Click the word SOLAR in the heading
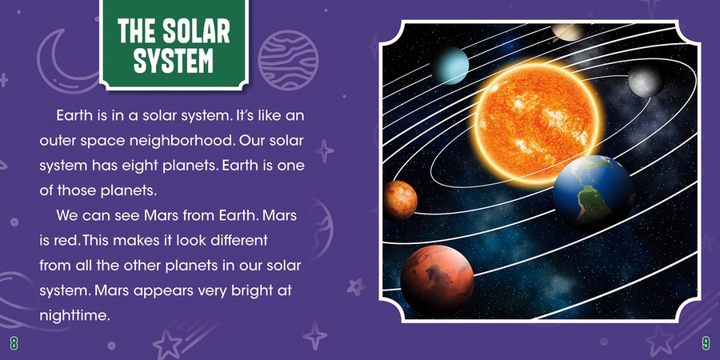point(197,32)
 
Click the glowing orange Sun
point(536,123)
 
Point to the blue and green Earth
point(594,192)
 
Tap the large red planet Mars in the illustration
point(437,279)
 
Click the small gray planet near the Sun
point(646,81)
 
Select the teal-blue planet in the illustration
point(450,65)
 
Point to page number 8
point(14,342)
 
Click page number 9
point(706,342)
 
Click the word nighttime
point(75,316)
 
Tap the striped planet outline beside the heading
point(288,60)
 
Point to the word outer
point(58,142)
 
